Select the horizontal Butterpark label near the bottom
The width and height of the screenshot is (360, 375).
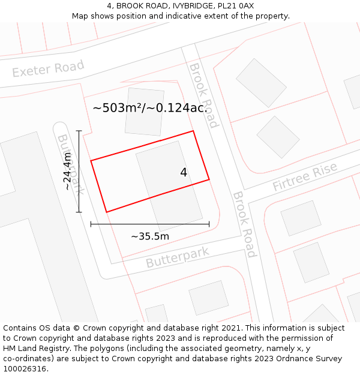[178, 257]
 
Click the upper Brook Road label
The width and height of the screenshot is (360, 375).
[203, 95]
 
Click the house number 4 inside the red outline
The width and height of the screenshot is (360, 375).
[184, 172]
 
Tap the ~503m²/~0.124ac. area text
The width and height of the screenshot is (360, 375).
[149, 109]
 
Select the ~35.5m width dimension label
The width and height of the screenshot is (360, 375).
[150, 236]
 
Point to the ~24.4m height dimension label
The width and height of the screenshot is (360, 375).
[67, 171]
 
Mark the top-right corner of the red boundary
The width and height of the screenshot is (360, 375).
[193, 131]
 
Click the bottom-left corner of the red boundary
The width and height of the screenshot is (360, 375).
[106, 212]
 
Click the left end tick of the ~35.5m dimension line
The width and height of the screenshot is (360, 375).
[91, 224]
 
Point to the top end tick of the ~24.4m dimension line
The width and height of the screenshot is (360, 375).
[79, 130]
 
